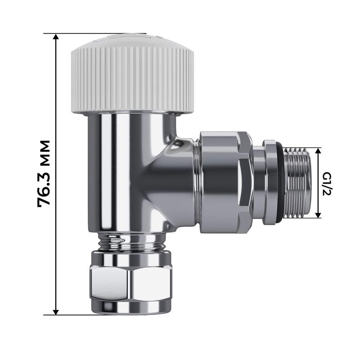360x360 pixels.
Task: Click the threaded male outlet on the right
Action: pos(299,182)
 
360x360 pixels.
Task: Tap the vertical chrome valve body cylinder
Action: pos(121,171)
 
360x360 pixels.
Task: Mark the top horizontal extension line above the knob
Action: pos(94,33)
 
